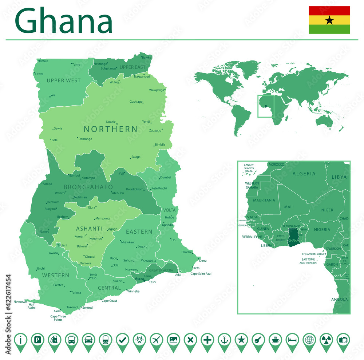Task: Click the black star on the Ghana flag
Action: click(329, 20)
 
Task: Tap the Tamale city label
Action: click(110, 122)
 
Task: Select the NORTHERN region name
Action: click(111, 129)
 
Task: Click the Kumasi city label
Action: click(79, 237)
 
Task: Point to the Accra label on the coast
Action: click(139, 279)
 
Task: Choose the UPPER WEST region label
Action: click(64, 80)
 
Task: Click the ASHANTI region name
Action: click(89, 229)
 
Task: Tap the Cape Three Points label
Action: click(58, 318)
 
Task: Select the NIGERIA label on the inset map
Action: click(322, 230)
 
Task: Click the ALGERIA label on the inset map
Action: click(304, 174)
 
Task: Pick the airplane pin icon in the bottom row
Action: click(156, 340)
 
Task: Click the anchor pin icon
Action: click(224, 340)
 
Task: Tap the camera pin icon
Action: click(343, 340)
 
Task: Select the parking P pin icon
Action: click(37, 340)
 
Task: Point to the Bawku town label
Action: click(147, 58)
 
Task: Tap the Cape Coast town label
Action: click(109, 301)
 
